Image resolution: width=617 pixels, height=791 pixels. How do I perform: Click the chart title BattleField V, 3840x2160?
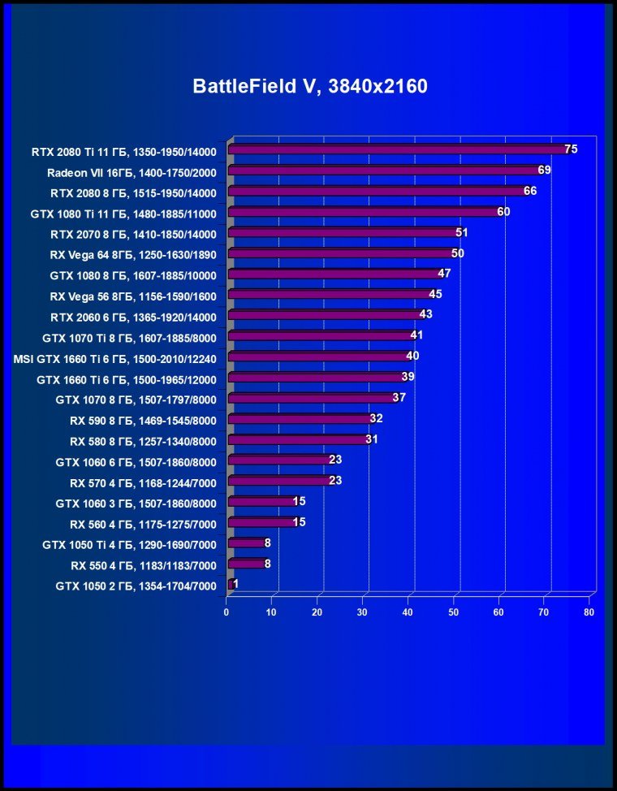309,87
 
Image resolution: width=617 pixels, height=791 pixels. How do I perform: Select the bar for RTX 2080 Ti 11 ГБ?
398,149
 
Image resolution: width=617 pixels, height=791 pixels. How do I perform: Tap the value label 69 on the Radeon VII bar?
544,171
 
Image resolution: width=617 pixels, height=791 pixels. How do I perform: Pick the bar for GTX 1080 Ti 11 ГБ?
365,212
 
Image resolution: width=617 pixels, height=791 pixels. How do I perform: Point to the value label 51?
462,232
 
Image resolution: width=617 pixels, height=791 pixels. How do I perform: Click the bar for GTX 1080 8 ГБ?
333,274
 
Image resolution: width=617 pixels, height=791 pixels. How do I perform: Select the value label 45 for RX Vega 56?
435,294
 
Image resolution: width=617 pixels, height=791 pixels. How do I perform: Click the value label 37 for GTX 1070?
399,397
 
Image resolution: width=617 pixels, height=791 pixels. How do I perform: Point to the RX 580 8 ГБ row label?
143,439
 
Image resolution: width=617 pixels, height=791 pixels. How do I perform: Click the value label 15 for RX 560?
299,521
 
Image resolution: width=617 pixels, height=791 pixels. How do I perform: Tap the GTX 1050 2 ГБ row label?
136,585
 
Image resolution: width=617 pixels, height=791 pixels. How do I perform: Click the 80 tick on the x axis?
589,612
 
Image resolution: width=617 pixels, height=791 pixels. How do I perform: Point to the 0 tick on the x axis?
227,612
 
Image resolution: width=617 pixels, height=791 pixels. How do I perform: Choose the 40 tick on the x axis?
409,612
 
